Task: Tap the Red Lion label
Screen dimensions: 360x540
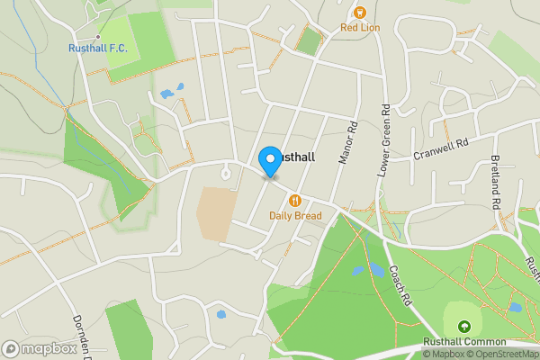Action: [360, 28]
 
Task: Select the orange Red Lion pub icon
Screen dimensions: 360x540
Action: [360, 12]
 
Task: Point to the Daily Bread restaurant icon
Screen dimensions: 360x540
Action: [293, 200]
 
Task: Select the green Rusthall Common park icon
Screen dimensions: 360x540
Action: [464, 327]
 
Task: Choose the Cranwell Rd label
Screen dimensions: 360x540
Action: [442, 148]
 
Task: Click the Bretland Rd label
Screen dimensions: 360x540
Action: [495, 181]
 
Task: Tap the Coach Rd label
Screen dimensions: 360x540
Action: [400, 284]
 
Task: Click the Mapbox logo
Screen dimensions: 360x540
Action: [38, 348]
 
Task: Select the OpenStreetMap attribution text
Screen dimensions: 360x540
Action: [499, 354]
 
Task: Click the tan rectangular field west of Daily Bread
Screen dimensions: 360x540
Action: [217, 213]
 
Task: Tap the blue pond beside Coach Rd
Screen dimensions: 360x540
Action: [358, 269]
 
